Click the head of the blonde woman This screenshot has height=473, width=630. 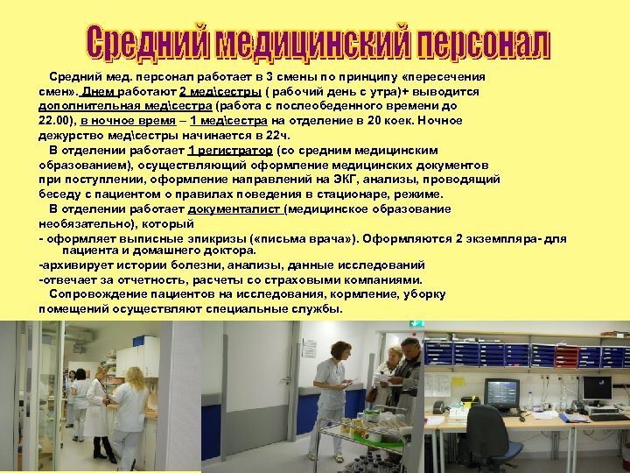pyautogui.click(x=339, y=349)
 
